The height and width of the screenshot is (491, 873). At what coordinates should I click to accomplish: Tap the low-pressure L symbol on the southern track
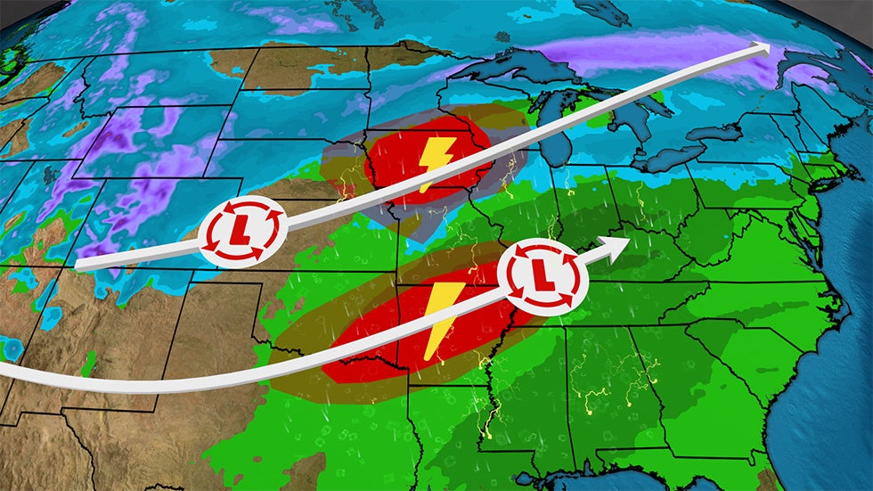click(x=543, y=279)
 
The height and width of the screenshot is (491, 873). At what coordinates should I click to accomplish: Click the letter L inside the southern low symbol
click(x=543, y=279)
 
